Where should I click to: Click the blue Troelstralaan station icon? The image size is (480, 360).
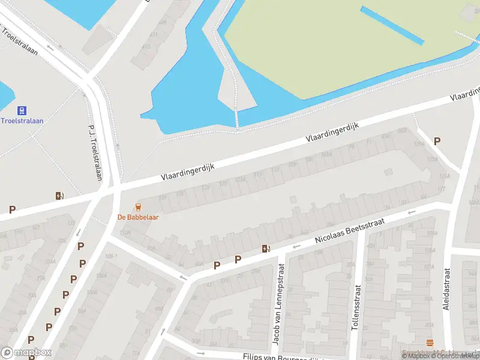[x=22, y=110]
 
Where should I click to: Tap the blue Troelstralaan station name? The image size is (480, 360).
[x=22, y=121]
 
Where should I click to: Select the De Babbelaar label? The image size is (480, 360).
[x=138, y=217]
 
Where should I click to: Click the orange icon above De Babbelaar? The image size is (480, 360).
[x=139, y=207]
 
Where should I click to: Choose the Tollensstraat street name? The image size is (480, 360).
[x=358, y=308]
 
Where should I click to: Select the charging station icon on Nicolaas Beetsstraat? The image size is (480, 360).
[x=265, y=249]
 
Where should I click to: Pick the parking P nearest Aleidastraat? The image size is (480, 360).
[x=437, y=142]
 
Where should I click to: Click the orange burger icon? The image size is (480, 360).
[x=430, y=343]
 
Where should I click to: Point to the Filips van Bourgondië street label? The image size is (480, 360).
[x=282, y=356]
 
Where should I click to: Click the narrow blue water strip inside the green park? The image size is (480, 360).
[x=393, y=25]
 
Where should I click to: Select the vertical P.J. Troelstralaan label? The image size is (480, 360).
[x=95, y=154]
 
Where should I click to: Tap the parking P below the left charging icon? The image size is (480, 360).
[x=12, y=209]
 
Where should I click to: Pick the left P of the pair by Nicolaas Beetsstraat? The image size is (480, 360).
[x=217, y=265]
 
